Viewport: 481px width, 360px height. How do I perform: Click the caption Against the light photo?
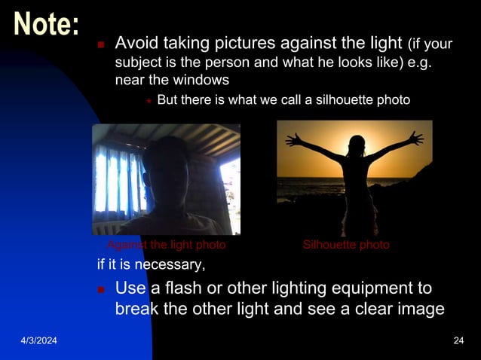166,245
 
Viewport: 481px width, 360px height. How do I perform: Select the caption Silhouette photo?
346,245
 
